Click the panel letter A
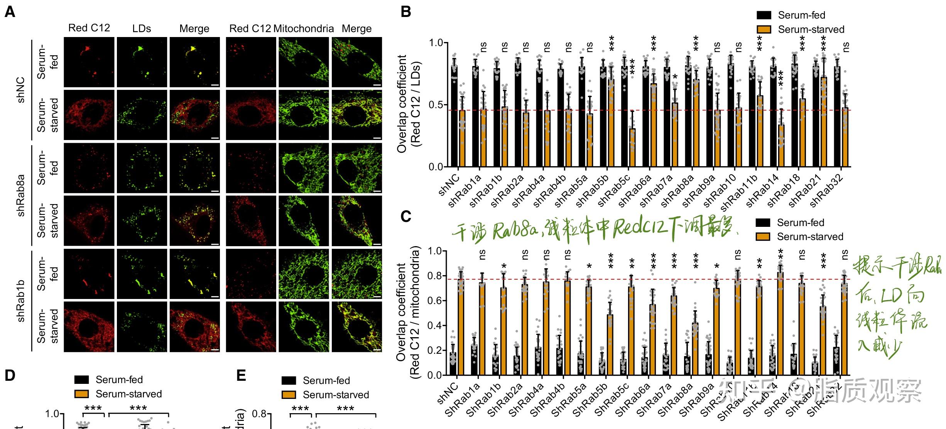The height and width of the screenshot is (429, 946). (10, 12)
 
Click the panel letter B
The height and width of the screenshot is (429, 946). (405, 12)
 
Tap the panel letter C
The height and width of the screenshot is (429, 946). (405, 216)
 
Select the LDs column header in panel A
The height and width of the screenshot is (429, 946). (141, 29)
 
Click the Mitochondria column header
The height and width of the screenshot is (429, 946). (304, 29)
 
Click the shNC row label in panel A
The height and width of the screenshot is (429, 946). (21, 90)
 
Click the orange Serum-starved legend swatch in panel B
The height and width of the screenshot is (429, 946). (764, 29)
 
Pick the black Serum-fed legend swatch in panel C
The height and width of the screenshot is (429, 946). (763, 223)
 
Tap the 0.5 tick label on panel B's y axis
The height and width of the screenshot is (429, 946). (436, 105)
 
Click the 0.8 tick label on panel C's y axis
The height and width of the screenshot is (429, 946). (435, 276)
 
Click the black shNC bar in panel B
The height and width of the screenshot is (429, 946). (454, 116)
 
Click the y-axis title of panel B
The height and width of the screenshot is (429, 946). (408, 104)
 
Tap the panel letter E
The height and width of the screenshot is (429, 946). (241, 375)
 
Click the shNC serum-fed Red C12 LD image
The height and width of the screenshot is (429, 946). (89, 62)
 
